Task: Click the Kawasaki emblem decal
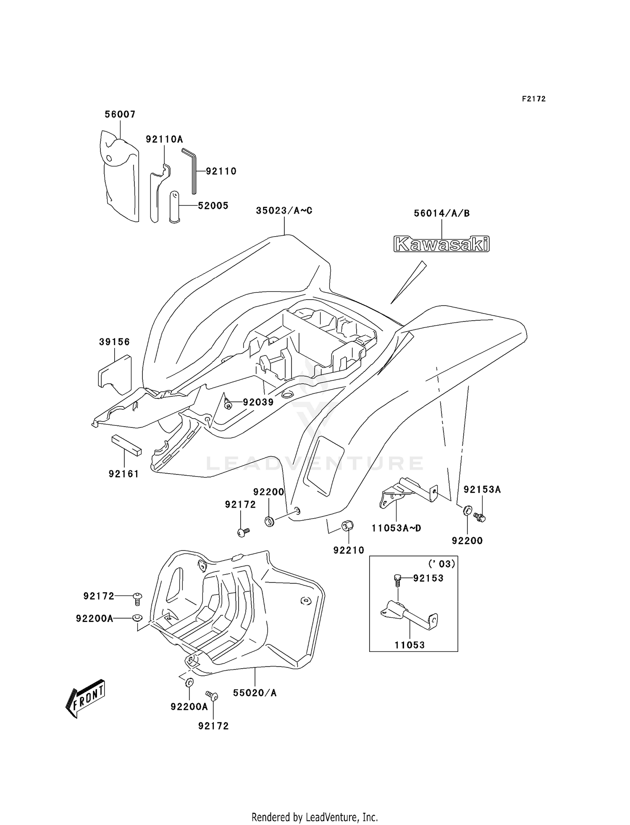(441, 244)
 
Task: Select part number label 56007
(120, 114)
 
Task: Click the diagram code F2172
(534, 99)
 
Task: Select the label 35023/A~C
(284, 211)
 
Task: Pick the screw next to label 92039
(228, 404)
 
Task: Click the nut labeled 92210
(347, 525)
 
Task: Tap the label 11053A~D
(396, 528)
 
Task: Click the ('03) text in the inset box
(441, 564)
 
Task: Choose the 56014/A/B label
(441, 213)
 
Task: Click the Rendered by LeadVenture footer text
(315, 817)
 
